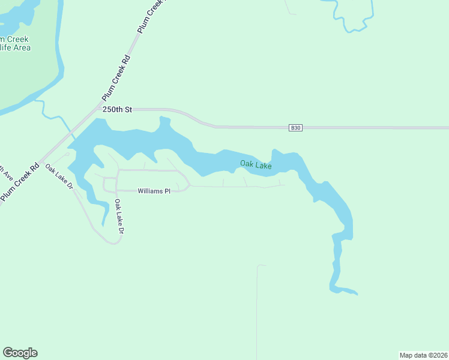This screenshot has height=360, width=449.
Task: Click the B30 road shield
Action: click(x=295, y=127)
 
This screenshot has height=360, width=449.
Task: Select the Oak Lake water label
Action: click(x=256, y=164)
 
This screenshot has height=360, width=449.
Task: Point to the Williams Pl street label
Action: click(x=154, y=191)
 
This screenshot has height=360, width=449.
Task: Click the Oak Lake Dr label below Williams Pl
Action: click(x=119, y=217)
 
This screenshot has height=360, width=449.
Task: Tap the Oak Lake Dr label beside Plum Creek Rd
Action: click(x=59, y=177)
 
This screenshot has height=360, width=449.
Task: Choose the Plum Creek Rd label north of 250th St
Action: click(x=116, y=78)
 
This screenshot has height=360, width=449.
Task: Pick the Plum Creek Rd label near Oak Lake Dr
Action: click(x=19, y=182)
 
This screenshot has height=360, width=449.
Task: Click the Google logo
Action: click(x=20, y=353)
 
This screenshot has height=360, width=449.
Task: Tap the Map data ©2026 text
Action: click(x=424, y=355)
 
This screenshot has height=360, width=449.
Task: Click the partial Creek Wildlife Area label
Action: click(x=14, y=43)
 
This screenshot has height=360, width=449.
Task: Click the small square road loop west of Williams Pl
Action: click(x=109, y=184)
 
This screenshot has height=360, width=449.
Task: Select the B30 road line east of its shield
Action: click(x=372, y=128)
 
